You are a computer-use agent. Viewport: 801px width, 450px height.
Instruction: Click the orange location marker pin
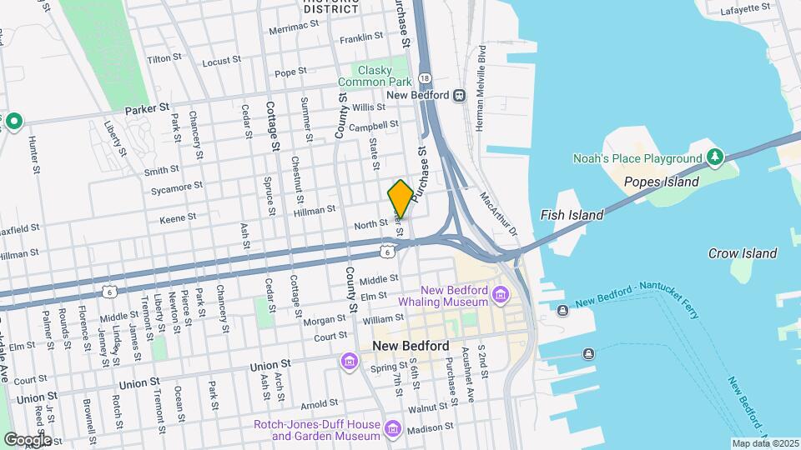400,199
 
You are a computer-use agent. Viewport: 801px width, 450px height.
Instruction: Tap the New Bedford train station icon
459,95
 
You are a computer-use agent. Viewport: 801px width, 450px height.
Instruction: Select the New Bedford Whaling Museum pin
500,293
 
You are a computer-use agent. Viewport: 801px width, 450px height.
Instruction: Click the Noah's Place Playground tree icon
714,157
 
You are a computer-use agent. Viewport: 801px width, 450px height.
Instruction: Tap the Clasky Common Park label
375,77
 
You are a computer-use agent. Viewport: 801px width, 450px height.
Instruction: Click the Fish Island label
572,215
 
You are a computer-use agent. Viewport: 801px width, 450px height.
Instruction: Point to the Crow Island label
742,253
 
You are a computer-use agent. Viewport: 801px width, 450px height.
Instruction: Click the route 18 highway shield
426,78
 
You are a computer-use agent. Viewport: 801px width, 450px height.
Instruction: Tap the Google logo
27,439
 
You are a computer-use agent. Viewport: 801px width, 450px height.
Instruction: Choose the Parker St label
147,108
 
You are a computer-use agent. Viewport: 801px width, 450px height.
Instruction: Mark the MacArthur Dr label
498,213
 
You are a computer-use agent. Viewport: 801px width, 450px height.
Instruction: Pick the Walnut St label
428,408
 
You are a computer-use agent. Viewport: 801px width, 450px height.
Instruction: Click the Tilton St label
164,58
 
